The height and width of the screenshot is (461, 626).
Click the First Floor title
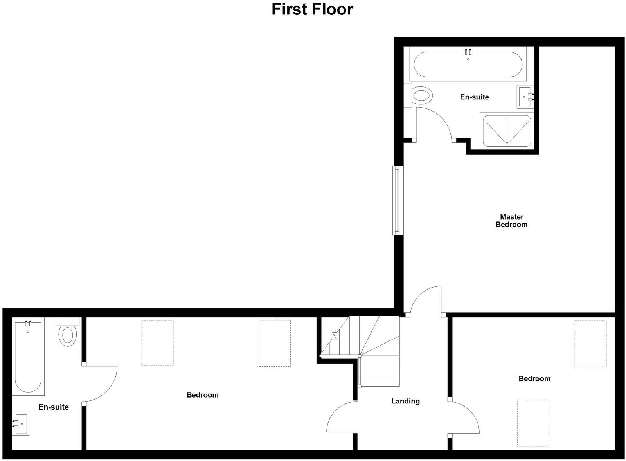(x=312, y=9)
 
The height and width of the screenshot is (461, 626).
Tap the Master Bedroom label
(x=511, y=221)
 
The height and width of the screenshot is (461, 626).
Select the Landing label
(x=405, y=401)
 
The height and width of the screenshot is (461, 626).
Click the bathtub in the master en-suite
(x=468, y=65)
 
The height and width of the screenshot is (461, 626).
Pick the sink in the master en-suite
(x=525, y=97)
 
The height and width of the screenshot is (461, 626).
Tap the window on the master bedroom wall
(x=398, y=200)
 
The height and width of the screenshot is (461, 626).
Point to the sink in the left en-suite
(x=21, y=424)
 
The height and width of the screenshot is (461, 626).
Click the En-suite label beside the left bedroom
(x=54, y=407)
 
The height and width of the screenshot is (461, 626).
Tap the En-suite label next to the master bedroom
(x=474, y=97)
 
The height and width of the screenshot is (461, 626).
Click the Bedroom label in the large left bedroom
(x=202, y=395)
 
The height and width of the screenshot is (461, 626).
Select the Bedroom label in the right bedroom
(x=534, y=379)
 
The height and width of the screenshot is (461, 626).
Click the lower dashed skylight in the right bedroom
(x=533, y=423)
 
